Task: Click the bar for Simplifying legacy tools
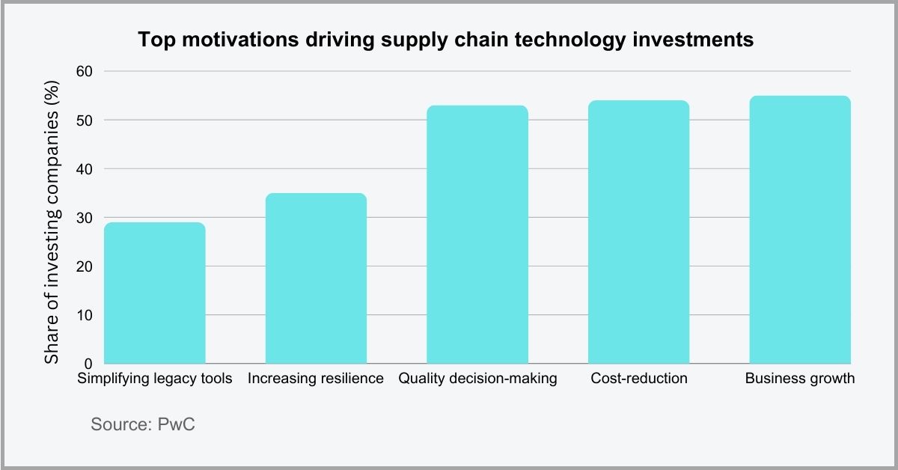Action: pyautogui.click(x=155, y=293)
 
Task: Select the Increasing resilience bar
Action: pyautogui.click(x=316, y=278)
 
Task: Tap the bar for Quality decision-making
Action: pyautogui.click(x=477, y=234)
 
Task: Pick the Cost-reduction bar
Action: pyautogui.click(x=638, y=232)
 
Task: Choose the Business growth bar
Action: pyautogui.click(x=800, y=230)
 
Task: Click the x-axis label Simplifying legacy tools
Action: pyautogui.click(x=155, y=379)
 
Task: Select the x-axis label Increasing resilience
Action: pyautogui.click(x=316, y=379)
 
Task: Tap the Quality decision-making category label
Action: pyautogui.click(x=477, y=379)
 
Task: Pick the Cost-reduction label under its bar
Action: pyautogui.click(x=638, y=379)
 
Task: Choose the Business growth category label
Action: pyautogui.click(x=800, y=379)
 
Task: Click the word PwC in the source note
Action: pyautogui.click(x=177, y=424)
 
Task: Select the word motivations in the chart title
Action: pyautogui.click(x=236, y=40)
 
